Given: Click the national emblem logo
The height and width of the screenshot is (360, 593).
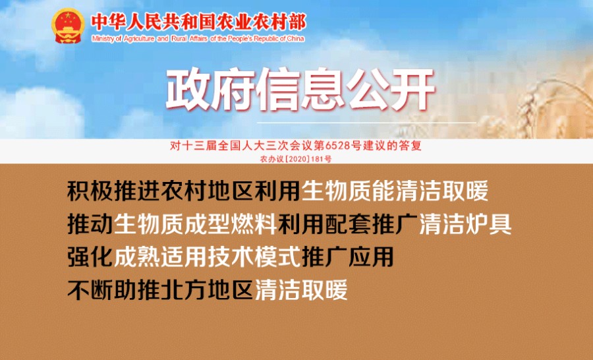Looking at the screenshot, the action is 68,26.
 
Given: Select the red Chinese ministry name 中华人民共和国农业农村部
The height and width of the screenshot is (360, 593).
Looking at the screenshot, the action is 198,22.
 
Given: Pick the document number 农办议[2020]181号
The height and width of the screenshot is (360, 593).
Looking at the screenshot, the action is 296,159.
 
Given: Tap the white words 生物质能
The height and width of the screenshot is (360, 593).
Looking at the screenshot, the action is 348,191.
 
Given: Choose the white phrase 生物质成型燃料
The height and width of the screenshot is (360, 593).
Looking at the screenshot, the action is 196,224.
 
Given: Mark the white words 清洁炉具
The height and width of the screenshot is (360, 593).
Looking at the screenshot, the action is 465,224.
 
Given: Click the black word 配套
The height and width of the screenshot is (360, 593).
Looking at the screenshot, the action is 347,224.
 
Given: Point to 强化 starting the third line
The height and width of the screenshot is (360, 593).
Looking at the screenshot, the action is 90,256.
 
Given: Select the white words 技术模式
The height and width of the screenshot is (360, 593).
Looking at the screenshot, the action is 254,256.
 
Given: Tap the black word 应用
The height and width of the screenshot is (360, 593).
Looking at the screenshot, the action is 371,256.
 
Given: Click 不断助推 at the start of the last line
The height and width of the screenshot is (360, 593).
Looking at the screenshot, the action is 114,290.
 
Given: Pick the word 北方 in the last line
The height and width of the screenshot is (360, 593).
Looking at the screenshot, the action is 184,290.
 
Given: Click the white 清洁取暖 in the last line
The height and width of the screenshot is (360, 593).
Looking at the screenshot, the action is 301,290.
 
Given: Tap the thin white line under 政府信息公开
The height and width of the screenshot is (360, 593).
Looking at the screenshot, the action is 366,123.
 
